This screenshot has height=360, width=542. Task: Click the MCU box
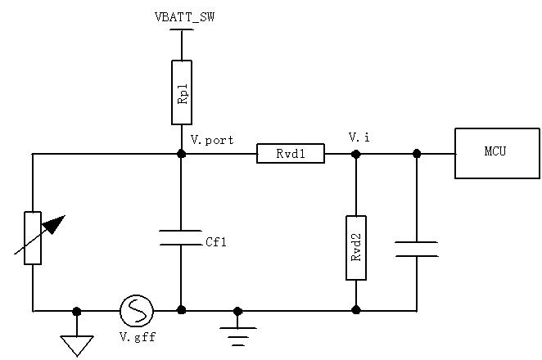click(497, 152)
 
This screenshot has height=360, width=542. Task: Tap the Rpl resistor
click(182, 92)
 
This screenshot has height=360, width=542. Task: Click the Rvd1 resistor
click(290, 153)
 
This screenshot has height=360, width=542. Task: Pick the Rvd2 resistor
click(356, 248)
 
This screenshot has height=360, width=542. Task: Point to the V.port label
click(212, 140)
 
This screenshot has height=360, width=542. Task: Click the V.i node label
click(359, 137)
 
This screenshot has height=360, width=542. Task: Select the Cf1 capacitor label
click(215, 241)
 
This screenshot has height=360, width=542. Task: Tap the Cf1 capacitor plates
click(181, 238)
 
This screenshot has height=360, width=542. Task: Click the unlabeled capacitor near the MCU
click(417, 250)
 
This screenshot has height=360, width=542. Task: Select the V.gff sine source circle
click(135, 310)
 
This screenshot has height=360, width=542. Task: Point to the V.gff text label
click(136, 335)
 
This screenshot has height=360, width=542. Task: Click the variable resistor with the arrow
click(33, 237)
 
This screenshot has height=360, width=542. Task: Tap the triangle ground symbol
click(77, 346)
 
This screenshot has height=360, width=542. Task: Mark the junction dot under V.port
click(181, 153)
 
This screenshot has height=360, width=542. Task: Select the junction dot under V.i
click(356, 153)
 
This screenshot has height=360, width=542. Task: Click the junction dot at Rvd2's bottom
click(356, 310)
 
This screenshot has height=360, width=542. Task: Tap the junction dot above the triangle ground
click(77, 311)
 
